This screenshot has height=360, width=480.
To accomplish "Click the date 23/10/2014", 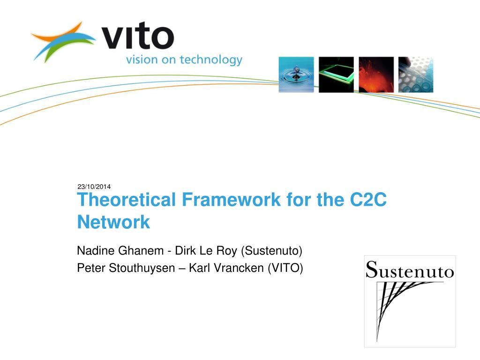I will (x=94, y=187).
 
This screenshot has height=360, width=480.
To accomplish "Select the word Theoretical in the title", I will (x=126, y=200).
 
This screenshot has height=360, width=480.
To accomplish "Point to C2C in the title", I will (x=368, y=200).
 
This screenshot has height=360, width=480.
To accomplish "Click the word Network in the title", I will (x=113, y=222).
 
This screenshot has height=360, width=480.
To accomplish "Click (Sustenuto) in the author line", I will (x=271, y=251).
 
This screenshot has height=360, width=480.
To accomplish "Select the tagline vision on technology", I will (x=184, y=60).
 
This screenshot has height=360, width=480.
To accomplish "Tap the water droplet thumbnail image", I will (x=296, y=75).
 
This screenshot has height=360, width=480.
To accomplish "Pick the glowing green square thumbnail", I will (x=336, y=75).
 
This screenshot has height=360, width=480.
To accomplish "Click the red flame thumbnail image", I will (x=376, y=75).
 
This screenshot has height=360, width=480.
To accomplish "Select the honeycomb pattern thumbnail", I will (x=416, y=75).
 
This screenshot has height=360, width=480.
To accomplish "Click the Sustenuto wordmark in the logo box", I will (x=410, y=270).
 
